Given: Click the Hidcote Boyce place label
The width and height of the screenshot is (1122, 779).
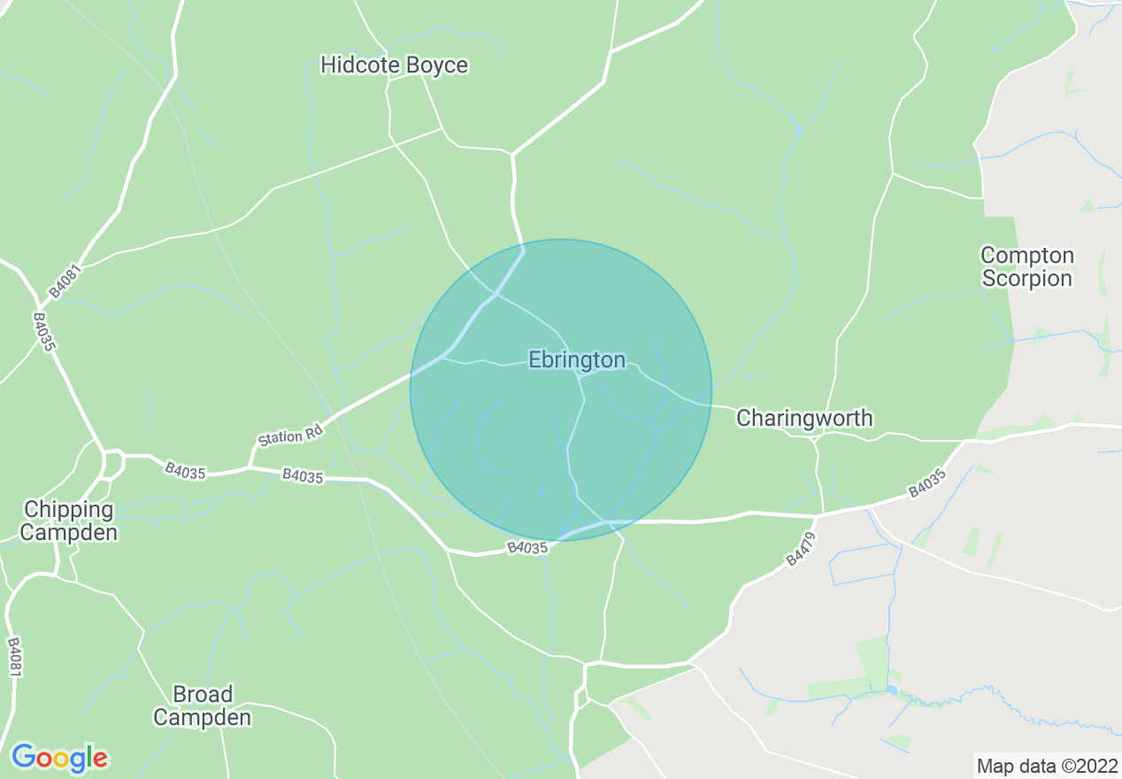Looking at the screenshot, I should coord(394,65).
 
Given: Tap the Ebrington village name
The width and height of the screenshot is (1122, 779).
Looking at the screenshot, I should coord(577,359).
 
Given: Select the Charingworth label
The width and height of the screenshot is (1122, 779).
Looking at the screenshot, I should coord(804,418).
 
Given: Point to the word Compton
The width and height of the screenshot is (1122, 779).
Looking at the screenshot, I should coord(1026,255).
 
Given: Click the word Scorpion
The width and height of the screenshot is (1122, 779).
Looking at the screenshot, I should coord(1026,278).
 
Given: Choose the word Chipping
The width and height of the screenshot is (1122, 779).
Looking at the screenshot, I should coord(69,509).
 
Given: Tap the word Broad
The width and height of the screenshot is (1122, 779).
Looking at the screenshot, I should coord(203,693).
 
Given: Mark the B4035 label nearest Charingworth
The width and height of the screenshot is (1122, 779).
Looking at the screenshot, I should coord(926,484).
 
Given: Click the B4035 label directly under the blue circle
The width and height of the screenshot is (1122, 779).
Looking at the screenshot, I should coord(528,548).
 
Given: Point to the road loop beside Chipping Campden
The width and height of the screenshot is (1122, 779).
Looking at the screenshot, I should coord(112,464).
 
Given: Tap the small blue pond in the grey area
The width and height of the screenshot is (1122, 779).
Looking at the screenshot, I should coord(891,689).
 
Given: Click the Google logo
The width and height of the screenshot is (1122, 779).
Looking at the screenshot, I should coord(59,758).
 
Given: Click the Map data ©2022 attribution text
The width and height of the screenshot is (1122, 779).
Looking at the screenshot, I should coord(1046,766).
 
